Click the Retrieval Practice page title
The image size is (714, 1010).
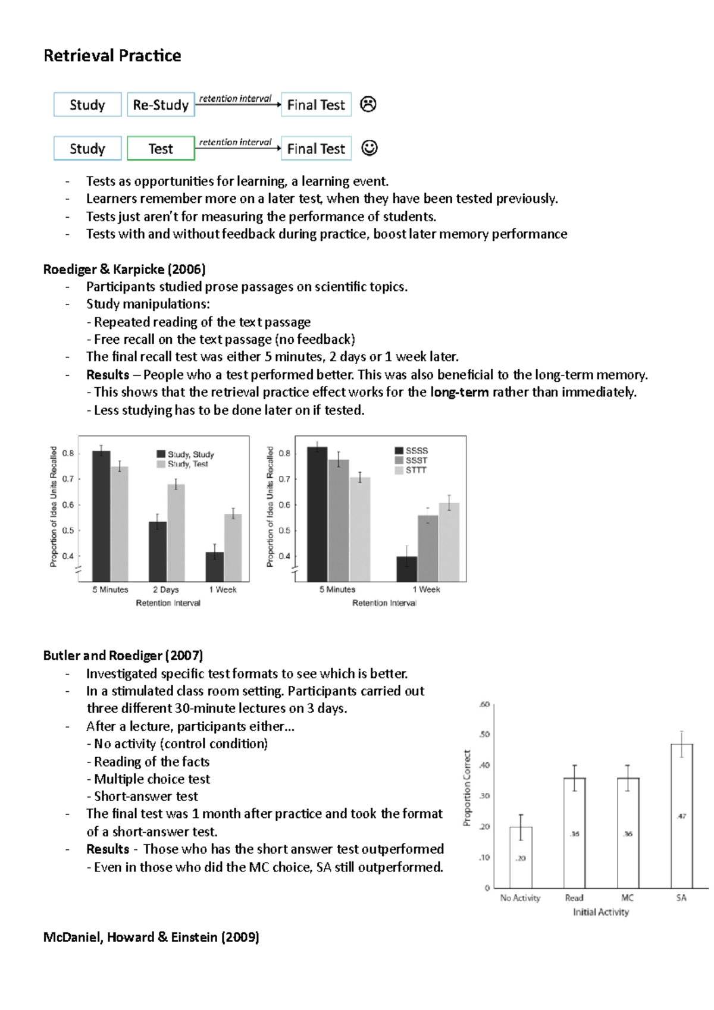[x=112, y=56]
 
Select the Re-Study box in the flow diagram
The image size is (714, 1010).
[x=161, y=105]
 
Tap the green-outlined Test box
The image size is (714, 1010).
[x=161, y=149]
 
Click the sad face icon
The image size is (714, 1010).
[x=368, y=105]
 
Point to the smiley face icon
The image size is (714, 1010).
[x=369, y=148]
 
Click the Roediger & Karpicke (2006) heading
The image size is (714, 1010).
[x=124, y=269]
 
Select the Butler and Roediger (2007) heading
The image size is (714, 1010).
[x=123, y=655]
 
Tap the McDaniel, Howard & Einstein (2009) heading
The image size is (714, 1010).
[x=151, y=937]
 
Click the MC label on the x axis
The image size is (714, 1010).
[x=628, y=898]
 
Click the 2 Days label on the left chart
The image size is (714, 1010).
[x=165, y=589]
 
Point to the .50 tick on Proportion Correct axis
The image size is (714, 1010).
[x=484, y=735]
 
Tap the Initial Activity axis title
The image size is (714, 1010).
[x=600, y=912]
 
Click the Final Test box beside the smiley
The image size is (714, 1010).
[x=316, y=149]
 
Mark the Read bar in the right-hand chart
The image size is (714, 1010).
[x=574, y=833]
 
